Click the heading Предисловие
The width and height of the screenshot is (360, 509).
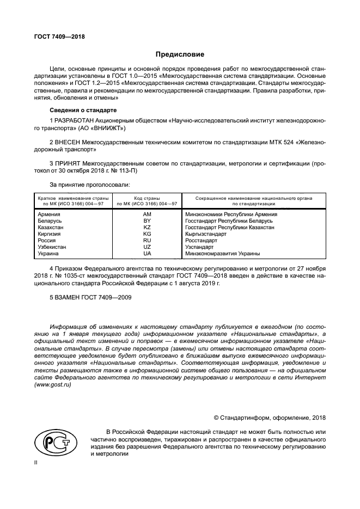180,54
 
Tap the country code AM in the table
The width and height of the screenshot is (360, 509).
147,214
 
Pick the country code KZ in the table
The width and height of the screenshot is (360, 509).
147,228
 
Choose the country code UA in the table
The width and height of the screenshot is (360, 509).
147,254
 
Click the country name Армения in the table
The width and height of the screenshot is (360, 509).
49,214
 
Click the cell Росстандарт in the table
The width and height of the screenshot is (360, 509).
202,241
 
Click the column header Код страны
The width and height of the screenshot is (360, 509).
147,197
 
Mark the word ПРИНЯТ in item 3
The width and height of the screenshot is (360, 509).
68,162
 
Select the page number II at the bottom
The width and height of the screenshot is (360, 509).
37,463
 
